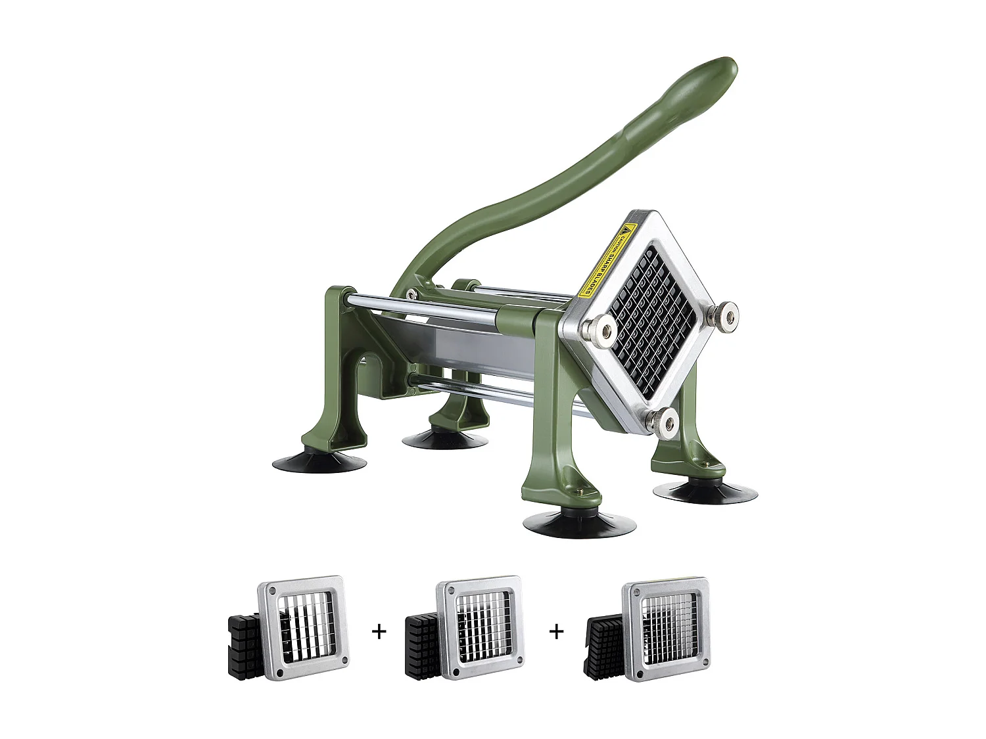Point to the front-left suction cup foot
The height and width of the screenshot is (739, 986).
[319, 462]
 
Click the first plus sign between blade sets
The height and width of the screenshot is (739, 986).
[379, 631]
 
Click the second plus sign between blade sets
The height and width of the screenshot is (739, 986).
[557, 631]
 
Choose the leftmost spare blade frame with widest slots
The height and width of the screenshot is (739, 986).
[304, 627]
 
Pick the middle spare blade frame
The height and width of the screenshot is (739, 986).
[482, 627]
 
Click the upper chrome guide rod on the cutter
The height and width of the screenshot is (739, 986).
[421, 309]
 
